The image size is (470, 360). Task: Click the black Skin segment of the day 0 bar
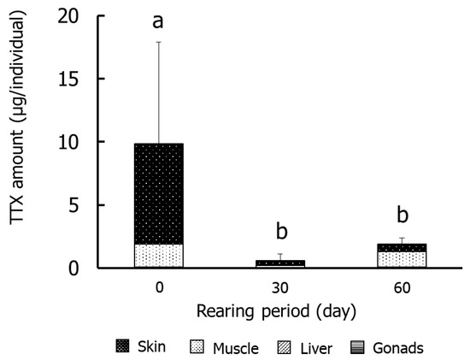[158, 193]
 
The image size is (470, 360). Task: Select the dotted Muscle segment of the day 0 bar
[158, 256]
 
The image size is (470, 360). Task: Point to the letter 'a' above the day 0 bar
[158, 21]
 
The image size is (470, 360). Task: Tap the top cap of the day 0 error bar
[158, 41]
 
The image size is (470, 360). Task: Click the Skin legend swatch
[123, 347]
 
